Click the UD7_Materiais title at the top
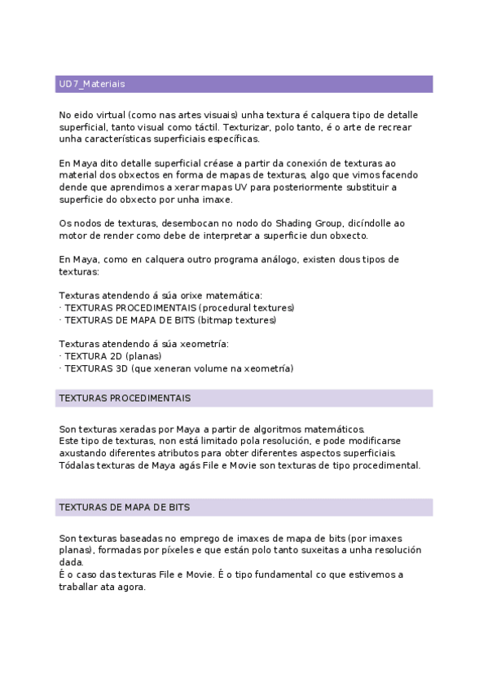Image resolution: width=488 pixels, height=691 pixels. coord(91,84)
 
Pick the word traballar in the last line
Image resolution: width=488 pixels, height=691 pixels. coord(80,586)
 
